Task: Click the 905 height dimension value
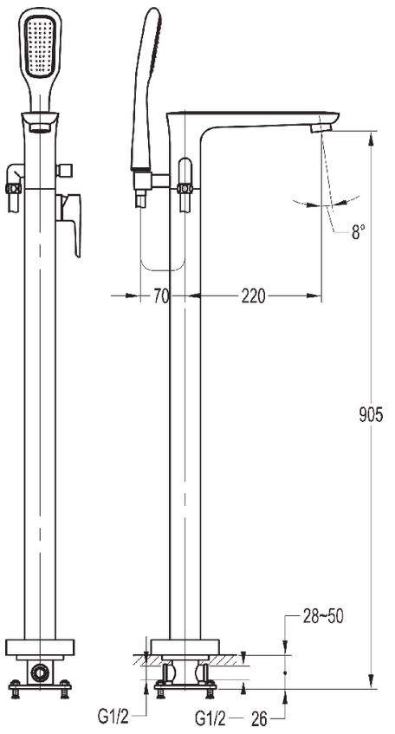coord(371,415)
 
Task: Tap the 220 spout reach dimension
coord(253,296)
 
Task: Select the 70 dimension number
coord(161,296)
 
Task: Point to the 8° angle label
coord(358,231)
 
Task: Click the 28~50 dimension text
coord(323,616)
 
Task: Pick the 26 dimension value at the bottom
coord(260,718)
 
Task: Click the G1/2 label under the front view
coord(113,716)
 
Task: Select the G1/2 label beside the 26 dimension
coord(210,718)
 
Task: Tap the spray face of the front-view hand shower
coord(40,47)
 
